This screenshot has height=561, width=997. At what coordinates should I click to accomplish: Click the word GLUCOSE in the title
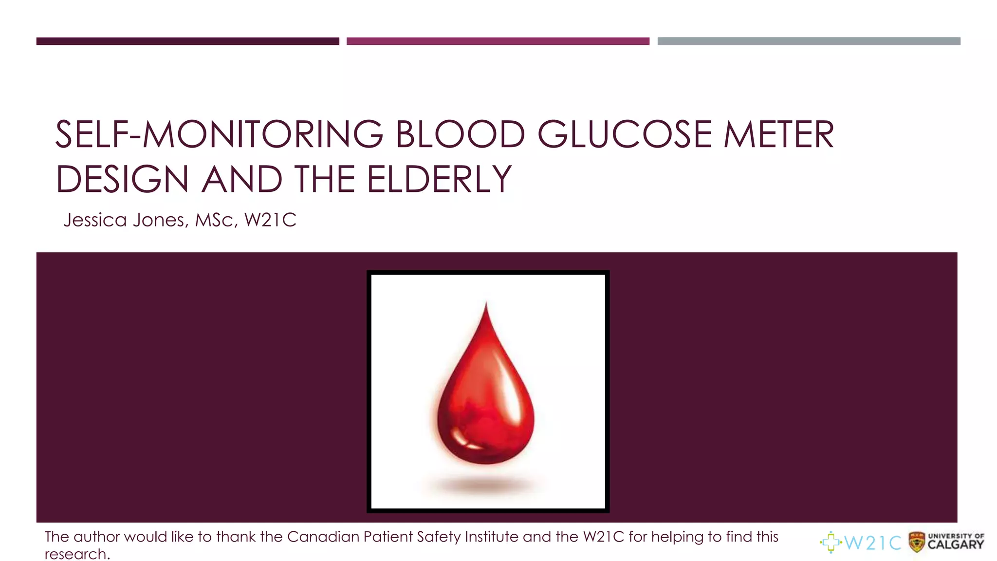click(x=624, y=135)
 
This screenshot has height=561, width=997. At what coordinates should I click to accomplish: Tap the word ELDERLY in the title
click(x=439, y=180)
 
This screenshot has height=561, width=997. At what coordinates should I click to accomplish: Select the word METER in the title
click(x=779, y=135)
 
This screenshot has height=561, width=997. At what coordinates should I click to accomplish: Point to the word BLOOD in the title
click(x=460, y=135)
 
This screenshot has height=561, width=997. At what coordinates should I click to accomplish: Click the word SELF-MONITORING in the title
click(x=219, y=135)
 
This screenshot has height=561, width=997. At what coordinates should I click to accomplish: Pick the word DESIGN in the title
click(x=122, y=180)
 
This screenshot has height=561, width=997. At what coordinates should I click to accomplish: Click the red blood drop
click(x=486, y=404)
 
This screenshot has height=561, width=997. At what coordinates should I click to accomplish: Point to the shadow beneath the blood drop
click(x=486, y=485)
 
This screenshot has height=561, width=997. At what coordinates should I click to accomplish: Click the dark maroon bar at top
click(x=187, y=41)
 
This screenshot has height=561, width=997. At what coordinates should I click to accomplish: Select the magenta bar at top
click(x=498, y=41)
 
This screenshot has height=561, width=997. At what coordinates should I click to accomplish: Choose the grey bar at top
click(x=809, y=41)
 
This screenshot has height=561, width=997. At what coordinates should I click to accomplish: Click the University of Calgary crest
click(x=917, y=542)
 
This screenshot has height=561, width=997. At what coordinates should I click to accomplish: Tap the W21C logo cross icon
click(x=831, y=542)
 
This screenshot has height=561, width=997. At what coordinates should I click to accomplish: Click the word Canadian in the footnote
click(x=323, y=537)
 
